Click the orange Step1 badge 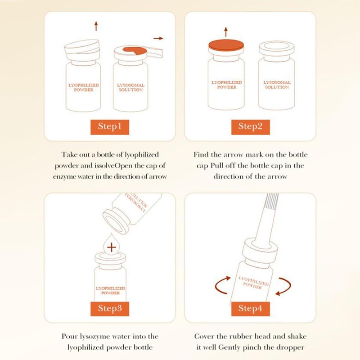point(110,127)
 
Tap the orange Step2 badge point(251,127)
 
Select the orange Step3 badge point(110,309)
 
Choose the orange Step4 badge point(251,309)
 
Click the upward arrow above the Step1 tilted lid point(96,26)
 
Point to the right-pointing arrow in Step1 point(158,38)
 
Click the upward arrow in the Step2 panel point(226,32)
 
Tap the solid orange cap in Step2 point(226,46)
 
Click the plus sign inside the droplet point(112,247)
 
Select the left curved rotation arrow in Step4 point(220,285)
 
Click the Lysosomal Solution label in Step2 point(277,85)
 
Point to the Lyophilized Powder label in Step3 point(110,290)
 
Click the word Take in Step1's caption point(69,154)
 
